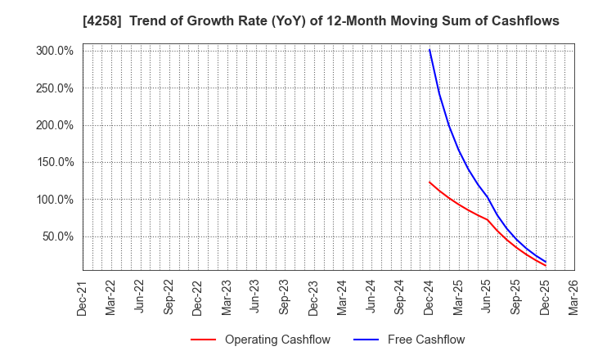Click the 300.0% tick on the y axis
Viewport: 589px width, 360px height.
point(56,51)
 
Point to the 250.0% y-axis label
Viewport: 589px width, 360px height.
point(56,88)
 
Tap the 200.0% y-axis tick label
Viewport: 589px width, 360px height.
point(56,125)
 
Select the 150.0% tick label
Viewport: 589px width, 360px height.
point(56,162)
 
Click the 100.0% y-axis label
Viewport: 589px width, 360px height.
point(56,200)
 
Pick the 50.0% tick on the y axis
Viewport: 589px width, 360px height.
point(58,236)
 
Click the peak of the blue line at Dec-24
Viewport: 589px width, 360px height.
point(429,50)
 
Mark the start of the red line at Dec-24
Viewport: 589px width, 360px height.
point(429,182)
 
